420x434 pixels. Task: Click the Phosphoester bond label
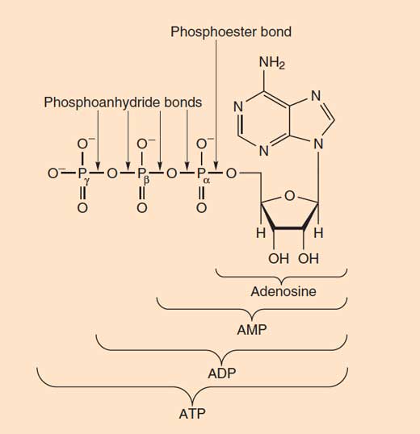231,31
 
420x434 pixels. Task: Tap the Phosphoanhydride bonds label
123,102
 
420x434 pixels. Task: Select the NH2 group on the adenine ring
271,63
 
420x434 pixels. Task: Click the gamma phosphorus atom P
82,173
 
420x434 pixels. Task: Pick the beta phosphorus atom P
141,173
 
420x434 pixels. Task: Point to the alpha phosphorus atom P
201,173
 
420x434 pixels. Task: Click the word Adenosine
283,291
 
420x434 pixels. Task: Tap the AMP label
252,330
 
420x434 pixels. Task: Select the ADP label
222,373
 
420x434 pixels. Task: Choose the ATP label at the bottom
192,414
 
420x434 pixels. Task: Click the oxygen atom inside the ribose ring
290,196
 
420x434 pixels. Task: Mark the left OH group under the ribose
279,258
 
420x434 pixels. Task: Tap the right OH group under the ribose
309,258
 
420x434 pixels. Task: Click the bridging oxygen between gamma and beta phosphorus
112,173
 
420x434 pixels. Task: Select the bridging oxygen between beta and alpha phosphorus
172,173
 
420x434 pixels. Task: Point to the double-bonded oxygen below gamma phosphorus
82,208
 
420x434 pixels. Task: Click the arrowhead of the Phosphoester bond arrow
216,166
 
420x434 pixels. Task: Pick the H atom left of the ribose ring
261,233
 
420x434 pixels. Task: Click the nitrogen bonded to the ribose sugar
318,144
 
